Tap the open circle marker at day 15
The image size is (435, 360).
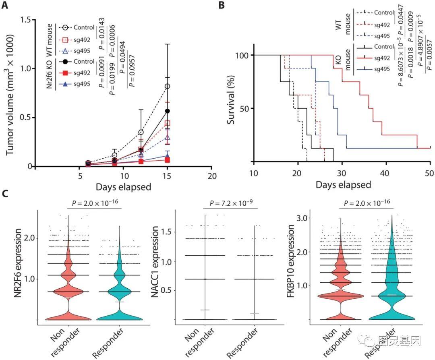pos(167,86)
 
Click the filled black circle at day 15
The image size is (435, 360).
pos(167,111)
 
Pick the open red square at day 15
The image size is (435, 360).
pos(167,123)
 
